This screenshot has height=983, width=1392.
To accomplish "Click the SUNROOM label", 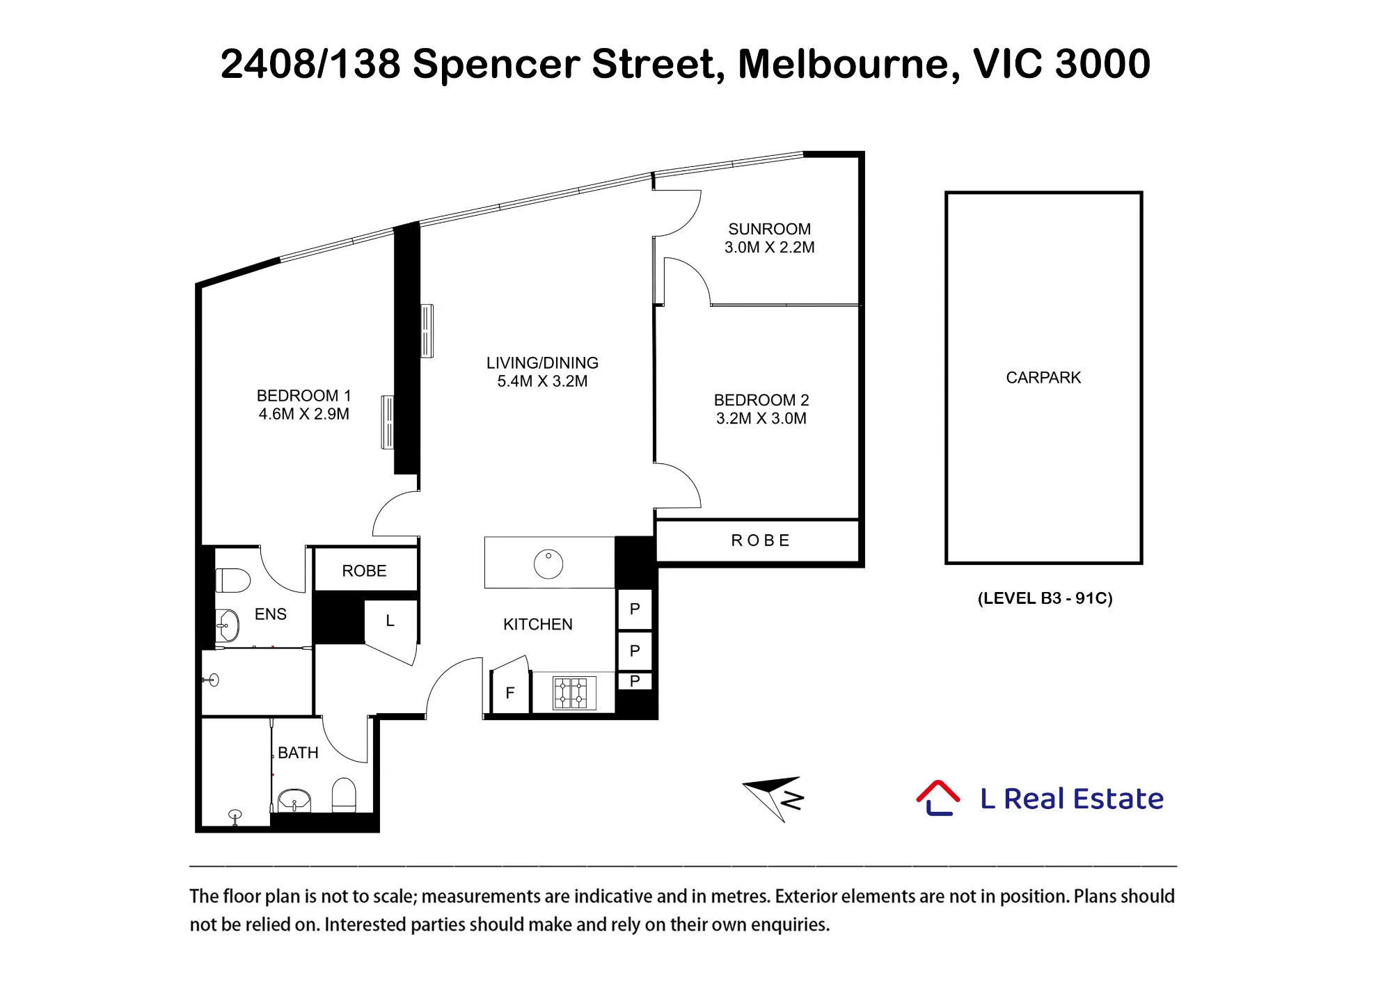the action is pyautogui.click(x=769, y=229).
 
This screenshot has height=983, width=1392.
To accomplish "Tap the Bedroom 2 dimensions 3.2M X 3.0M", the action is pyautogui.click(x=761, y=418).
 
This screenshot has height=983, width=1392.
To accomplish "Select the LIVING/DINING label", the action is pyautogui.click(x=542, y=362).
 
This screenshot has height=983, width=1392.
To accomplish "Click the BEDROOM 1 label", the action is pyautogui.click(x=304, y=395).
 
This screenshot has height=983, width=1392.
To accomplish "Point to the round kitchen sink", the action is pyautogui.click(x=548, y=564).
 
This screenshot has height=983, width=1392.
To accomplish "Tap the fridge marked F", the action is pyautogui.click(x=510, y=693).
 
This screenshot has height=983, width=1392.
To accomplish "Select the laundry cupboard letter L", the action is pyautogui.click(x=390, y=621).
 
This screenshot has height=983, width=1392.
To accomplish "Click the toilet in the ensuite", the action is pyautogui.click(x=233, y=580).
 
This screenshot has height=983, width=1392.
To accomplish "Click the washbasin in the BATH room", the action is pyautogui.click(x=294, y=801).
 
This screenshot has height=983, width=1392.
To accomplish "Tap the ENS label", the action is pyautogui.click(x=271, y=614).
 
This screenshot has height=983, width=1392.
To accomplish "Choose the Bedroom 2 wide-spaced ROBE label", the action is pyautogui.click(x=761, y=541).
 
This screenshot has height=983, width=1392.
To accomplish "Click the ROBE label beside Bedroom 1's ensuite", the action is pyautogui.click(x=364, y=570).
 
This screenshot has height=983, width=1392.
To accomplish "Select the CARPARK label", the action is pyautogui.click(x=1043, y=377).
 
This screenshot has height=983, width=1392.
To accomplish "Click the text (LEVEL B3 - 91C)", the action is pyautogui.click(x=1045, y=598).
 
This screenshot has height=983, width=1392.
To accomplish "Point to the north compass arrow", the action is pyautogui.click(x=773, y=798).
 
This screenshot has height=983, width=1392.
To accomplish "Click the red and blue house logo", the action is pyautogui.click(x=938, y=798).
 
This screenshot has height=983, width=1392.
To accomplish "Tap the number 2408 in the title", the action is pyautogui.click(x=268, y=63).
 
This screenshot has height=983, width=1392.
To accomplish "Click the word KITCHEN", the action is pyautogui.click(x=538, y=624).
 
